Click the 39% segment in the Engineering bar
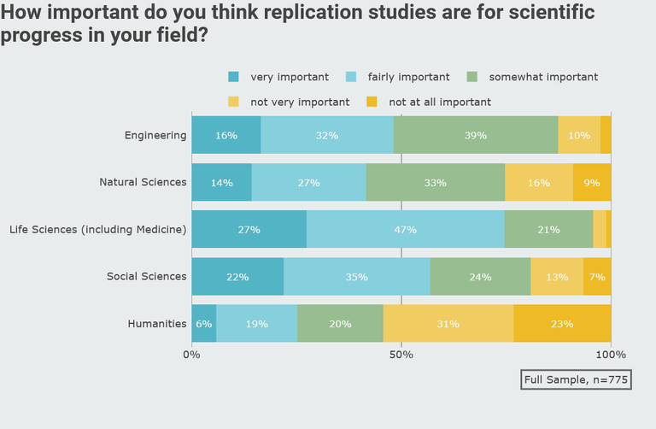476,135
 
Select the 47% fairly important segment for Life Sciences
405,229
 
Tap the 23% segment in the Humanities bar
562,324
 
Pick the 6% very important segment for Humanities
203,324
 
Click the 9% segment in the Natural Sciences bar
592,182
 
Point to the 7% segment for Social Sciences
597,277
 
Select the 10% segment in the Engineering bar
579,135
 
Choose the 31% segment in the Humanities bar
448,324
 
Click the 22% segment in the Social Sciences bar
237,277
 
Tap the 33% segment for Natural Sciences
436,182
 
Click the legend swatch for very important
233,77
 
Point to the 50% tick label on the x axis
401,354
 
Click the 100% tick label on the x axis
611,354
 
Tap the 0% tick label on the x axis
191,354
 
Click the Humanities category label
157,324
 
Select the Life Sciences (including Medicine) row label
97,229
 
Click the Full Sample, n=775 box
576,379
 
